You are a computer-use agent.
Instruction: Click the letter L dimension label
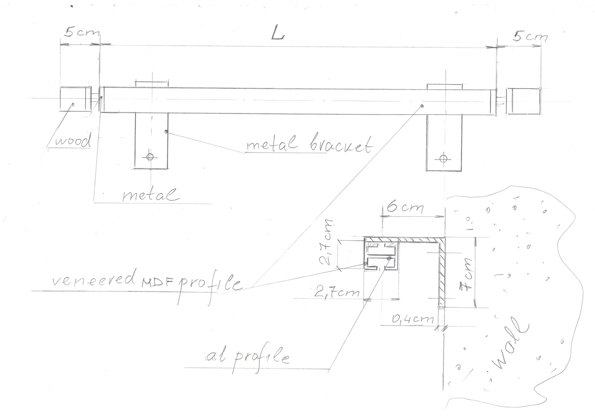coord(277,34)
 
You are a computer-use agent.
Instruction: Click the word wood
coord(73,141)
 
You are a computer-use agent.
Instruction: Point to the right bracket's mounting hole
coord(443,158)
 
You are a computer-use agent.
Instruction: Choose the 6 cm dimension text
coord(406,207)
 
